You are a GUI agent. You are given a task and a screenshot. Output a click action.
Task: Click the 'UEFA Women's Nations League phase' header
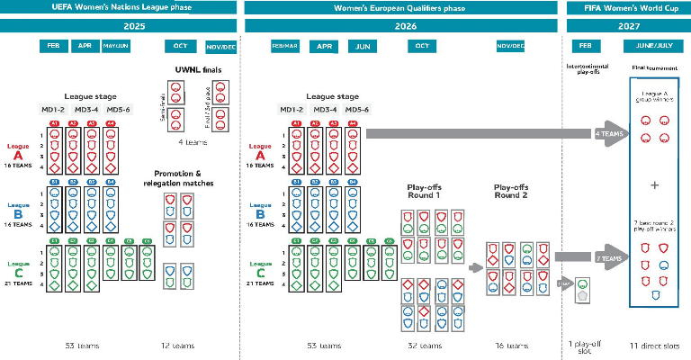121,8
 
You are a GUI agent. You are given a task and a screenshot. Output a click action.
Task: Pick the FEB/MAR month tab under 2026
285,45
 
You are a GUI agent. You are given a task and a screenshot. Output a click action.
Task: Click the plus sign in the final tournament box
654,184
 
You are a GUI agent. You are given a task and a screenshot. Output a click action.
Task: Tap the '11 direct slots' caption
655,346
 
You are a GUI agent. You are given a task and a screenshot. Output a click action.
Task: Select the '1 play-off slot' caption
585,346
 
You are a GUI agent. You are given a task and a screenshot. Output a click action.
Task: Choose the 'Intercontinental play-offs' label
587,68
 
